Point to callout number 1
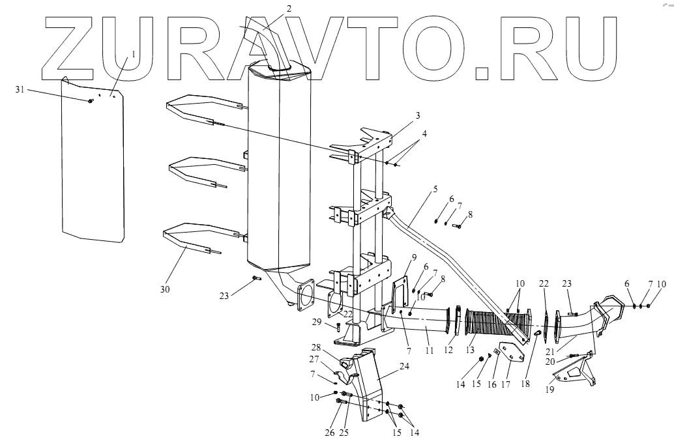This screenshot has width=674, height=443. click(134, 55)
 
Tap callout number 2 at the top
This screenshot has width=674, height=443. click(289, 8)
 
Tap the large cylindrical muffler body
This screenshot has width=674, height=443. click(277, 169)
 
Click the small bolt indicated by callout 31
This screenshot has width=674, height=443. click(89, 100)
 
